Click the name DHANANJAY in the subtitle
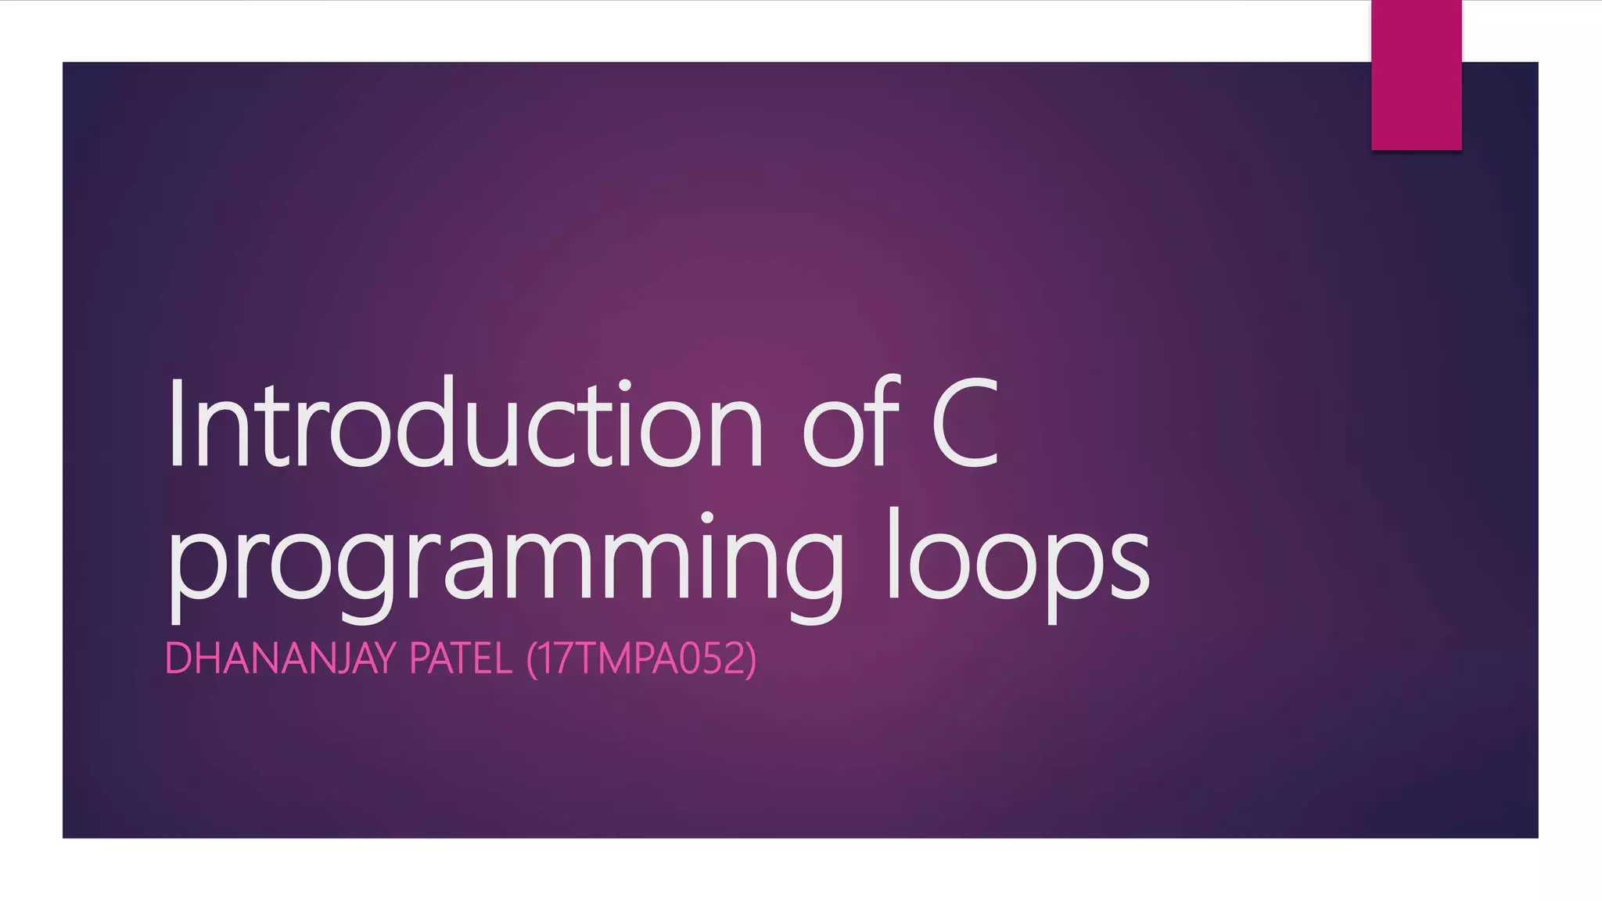[x=282, y=659]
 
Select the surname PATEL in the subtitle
[x=461, y=659]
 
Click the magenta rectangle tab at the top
[x=1416, y=75]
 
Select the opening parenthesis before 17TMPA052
[x=532, y=659]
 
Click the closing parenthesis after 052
[x=752, y=659]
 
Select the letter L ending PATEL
[x=502, y=659]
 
